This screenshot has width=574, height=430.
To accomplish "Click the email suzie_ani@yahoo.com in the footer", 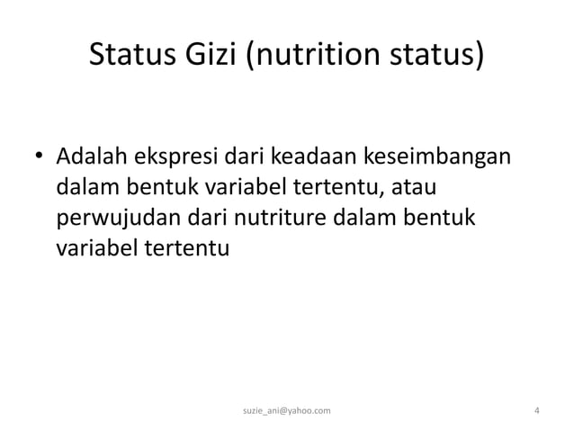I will point(287,411).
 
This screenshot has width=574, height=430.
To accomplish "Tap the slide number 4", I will point(536,411).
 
